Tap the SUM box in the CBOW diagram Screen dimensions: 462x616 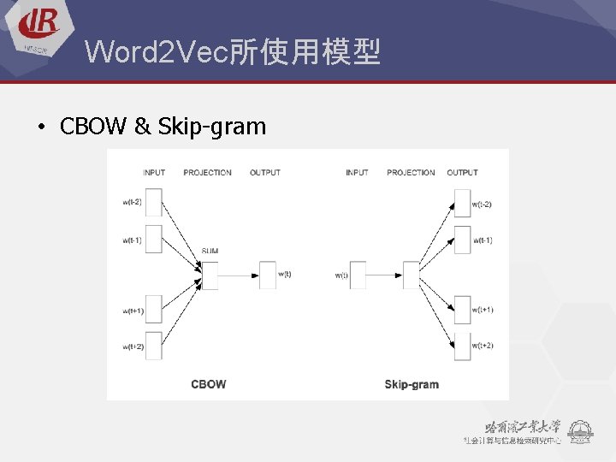[210, 275]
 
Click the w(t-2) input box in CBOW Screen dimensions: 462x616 [153, 203]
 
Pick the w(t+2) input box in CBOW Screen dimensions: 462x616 [153, 346]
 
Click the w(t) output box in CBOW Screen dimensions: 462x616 [267, 275]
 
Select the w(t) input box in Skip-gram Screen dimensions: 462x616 [358, 275]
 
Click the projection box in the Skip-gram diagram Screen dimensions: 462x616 [411, 275]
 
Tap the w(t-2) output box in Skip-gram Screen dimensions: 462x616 [462, 204]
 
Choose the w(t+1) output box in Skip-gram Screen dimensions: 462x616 [462, 310]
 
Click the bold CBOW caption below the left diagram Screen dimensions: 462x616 [209, 384]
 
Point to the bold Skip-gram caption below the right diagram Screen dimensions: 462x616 [412, 384]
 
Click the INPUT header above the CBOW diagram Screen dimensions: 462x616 [154, 173]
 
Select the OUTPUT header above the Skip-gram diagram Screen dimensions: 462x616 [462, 173]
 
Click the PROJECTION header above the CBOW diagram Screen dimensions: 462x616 [207, 173]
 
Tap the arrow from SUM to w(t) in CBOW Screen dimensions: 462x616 [239, 275]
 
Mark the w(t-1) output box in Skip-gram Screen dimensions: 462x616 [462, 240]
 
